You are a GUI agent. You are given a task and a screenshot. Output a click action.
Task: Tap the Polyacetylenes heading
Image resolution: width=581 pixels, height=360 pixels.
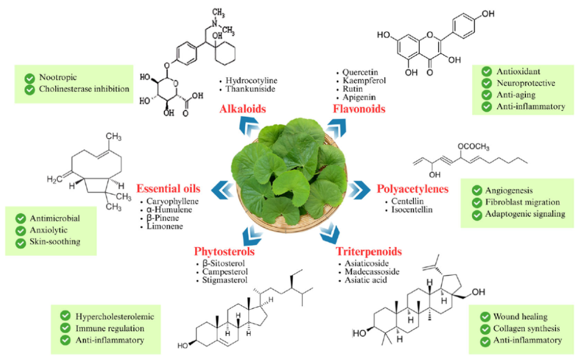412,189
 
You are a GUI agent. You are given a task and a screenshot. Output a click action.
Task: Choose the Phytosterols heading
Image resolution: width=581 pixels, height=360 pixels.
224,251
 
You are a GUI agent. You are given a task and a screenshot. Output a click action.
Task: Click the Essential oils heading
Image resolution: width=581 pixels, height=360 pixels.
171,189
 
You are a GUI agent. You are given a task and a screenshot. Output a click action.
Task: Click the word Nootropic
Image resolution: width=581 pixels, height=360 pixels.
57,77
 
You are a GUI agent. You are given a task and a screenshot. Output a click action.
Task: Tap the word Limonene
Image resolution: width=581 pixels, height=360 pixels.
164,227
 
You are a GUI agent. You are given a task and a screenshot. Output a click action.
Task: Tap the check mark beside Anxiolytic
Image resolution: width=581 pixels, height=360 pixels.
21,230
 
